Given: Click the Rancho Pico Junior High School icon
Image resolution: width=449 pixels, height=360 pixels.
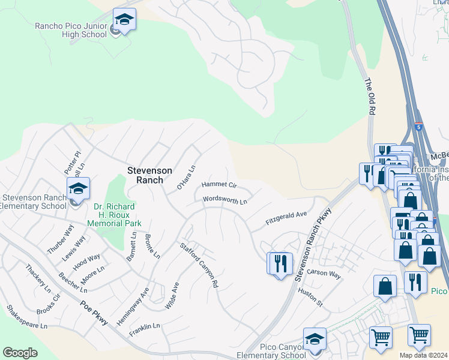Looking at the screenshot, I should coord(124,22).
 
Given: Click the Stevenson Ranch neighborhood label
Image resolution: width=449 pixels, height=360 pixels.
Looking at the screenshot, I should coord(150,170).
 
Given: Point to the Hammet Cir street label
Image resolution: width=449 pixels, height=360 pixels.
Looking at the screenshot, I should coord(220,185).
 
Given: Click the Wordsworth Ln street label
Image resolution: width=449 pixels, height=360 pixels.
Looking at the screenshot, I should coord(225,200).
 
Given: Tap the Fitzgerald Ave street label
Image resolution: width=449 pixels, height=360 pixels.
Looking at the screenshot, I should coord(286,218).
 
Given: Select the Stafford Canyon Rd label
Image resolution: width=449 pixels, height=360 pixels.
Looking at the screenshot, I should coord(199,265).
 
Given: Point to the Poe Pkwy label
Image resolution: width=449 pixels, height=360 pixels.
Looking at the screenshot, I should coord(94,312).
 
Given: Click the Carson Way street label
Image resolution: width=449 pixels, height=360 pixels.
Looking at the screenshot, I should coord(324,274).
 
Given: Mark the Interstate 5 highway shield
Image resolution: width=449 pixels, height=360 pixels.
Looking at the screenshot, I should coord(418,127).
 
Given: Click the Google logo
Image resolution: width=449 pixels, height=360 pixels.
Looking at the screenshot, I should coord(20,353).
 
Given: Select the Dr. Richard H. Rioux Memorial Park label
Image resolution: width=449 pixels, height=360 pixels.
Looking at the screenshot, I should coord(114,215).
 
